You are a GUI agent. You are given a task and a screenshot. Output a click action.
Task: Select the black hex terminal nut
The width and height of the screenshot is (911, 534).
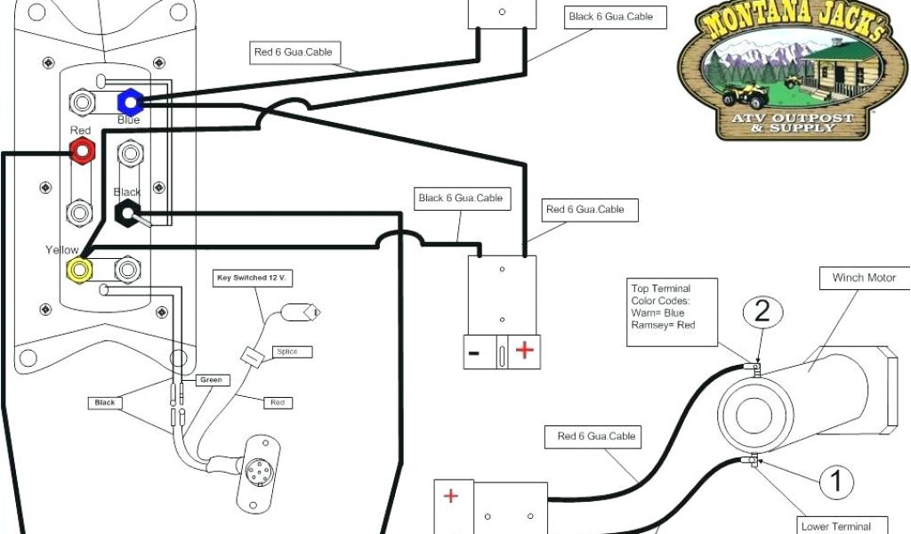point(127,212)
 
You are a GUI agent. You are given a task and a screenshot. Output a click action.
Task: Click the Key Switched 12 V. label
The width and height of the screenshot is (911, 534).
point(254,278)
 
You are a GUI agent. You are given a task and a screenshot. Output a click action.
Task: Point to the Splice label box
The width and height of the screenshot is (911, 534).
point(286,352)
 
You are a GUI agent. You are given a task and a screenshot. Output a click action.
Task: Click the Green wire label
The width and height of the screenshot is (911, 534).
point(210,380)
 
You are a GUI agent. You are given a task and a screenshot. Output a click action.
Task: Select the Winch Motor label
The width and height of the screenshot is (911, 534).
point(864,278)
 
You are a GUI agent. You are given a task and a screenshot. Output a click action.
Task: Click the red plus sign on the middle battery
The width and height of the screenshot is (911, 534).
point(525,350)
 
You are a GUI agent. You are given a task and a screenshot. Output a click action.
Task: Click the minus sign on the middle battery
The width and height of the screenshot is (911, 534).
point(474,352)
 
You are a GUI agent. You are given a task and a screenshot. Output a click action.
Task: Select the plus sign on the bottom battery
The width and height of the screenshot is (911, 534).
point(451,496)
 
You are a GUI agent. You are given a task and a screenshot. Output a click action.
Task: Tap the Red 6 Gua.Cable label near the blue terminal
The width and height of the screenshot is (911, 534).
point(293,53)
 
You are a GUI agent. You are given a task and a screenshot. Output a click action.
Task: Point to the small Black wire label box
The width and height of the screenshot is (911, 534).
point(105,402)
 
